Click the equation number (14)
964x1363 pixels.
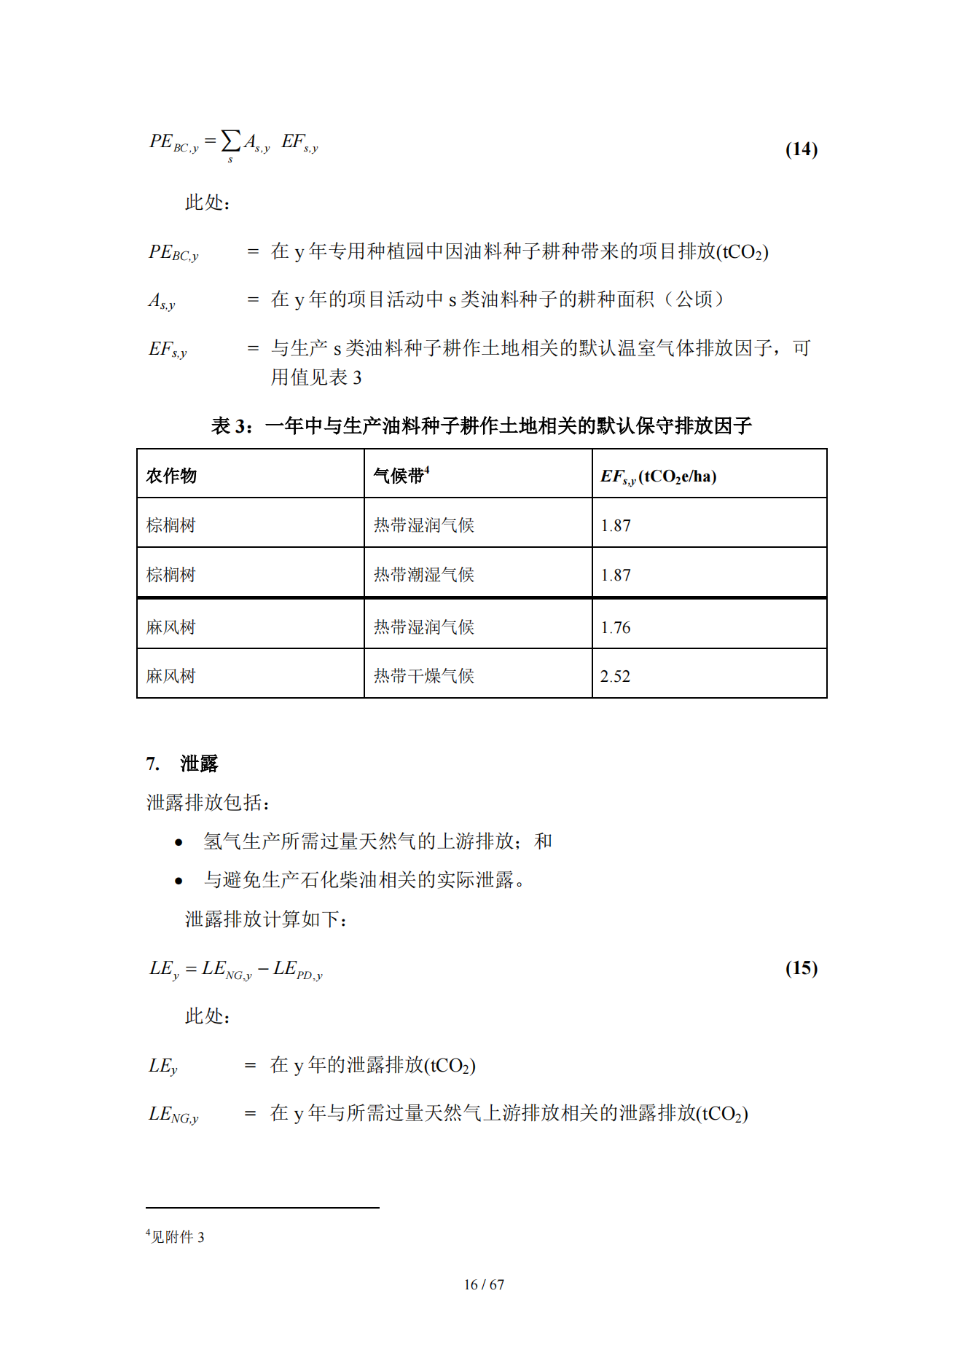click(801, 149)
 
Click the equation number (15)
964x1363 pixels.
click(801, 968)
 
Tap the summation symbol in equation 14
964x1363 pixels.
click(230, 141)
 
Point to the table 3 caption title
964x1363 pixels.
click(481, 425)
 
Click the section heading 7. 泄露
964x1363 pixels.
click(182, 763)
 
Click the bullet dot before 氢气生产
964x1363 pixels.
click(179, 843)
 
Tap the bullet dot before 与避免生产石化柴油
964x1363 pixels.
click(179, 881)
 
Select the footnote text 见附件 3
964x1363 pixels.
click(176, 1237)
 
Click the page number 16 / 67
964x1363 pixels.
click(484, 1285)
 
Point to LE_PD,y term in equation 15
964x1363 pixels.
click(298, 970)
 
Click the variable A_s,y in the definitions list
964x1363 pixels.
click(162, 301)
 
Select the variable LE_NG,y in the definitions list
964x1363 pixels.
click(173, 1115)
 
